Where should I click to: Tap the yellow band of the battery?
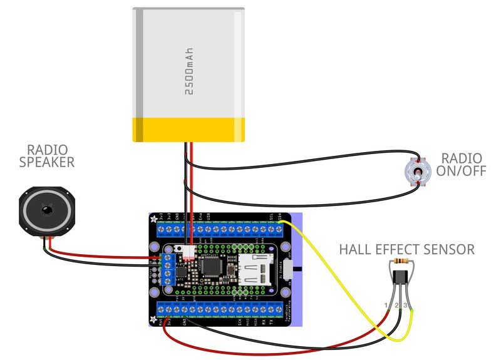point(188,128)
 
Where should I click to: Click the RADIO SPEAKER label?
point(51,156)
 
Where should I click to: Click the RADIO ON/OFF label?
point(462,164)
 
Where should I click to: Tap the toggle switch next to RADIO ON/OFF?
point(416,170)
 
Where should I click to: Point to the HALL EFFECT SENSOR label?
point(406,249)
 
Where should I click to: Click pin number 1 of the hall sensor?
point(387,305)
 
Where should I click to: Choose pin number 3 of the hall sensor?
point(405,305)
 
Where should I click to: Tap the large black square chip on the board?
point(210,267)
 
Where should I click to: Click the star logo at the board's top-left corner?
point(153,219)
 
